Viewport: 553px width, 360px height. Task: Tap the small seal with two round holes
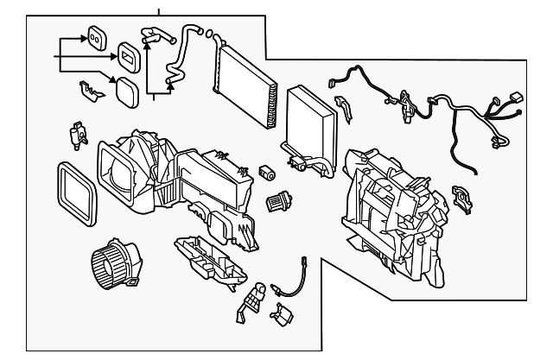point(95,38)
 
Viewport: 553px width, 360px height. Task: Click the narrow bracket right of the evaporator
point(343,110)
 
